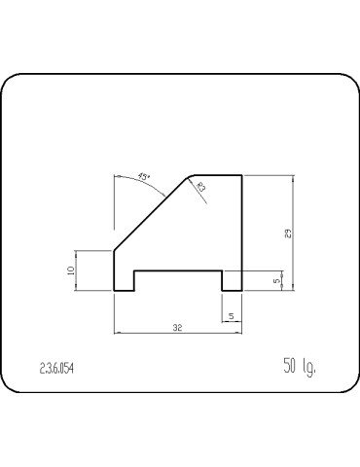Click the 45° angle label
click(144, 177)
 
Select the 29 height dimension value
click(288, 233)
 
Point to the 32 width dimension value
click(177, 328)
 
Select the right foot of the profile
click(231, 281)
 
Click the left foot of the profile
click(124, 281)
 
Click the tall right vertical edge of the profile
click(240, 224)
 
